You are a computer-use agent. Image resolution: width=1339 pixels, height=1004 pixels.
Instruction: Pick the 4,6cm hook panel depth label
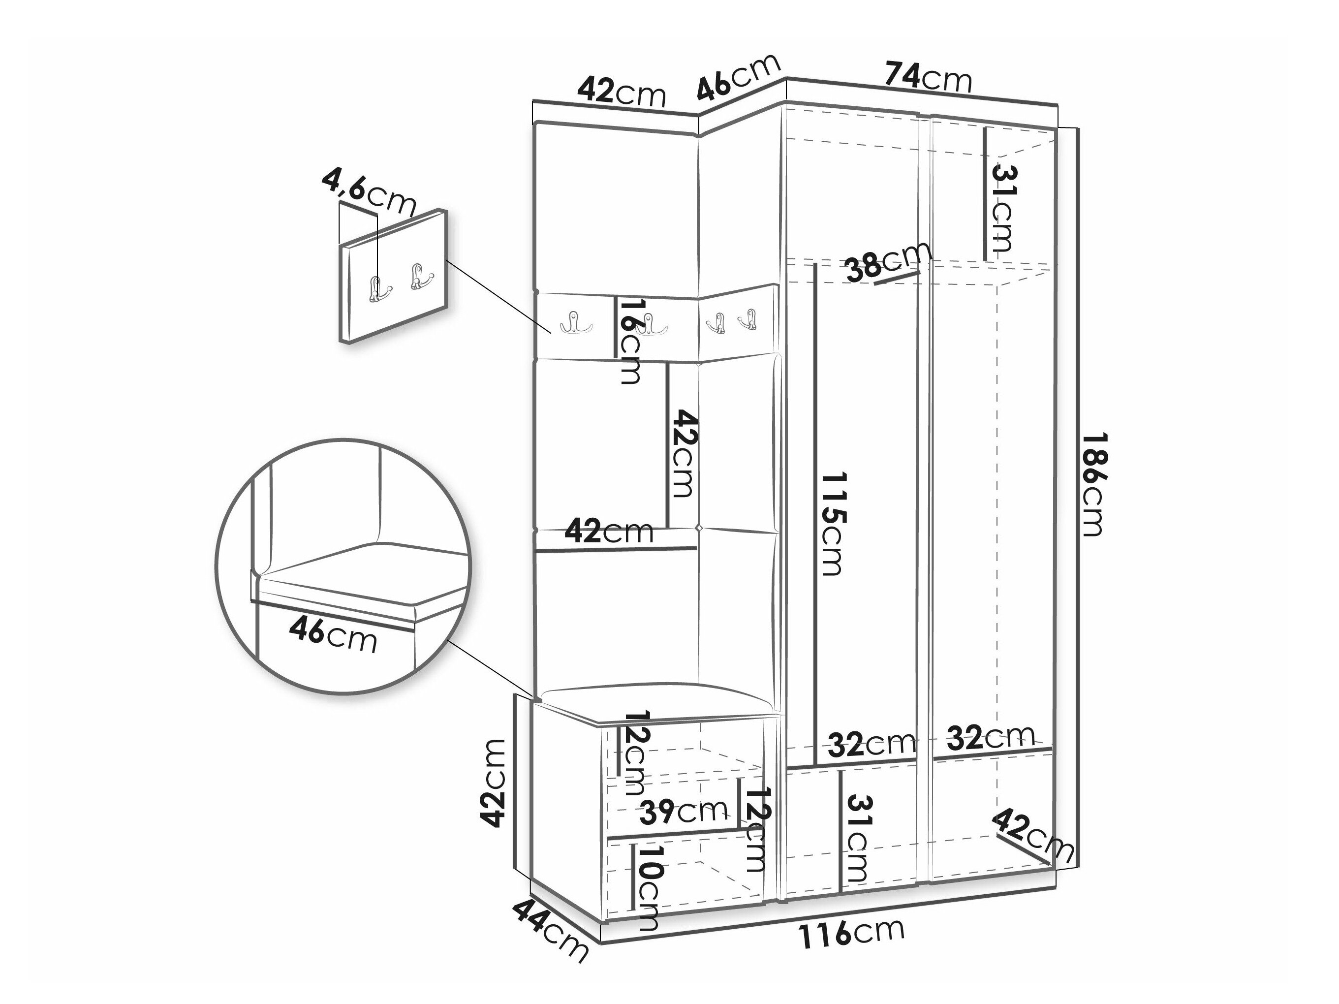click(x=368, y=192)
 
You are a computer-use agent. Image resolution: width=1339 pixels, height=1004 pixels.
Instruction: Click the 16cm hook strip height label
click(x=630, y=341)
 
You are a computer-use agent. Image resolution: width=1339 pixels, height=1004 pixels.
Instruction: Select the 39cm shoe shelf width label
click(x=684, y=812)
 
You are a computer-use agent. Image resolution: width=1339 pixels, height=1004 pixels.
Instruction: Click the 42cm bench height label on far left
click(x=492, y=783)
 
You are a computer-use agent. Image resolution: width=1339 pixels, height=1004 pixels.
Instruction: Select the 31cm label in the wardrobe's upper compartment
click(x=1003, y=208)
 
